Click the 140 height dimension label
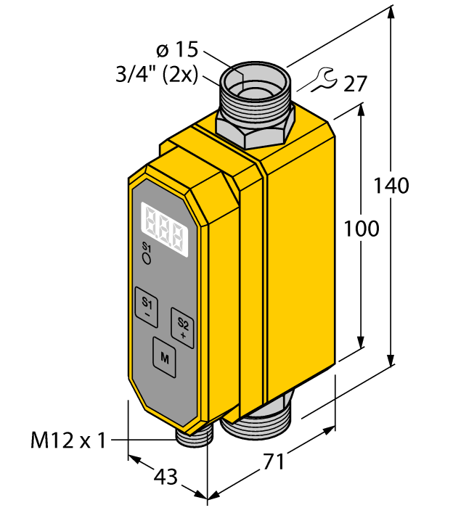click(x=391, y=186)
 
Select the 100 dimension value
click(x=362, y=229)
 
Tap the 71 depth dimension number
click(x=274, y=461)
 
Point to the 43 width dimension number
click(x=166, y=477)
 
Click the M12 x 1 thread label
click(x=68, y=440)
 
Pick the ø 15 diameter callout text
click(x=177, y=49)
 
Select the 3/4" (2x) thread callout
click(x=157, y=75)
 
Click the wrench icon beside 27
click(x=324, y=79)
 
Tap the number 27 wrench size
click(x=355, y=83)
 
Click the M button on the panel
click(x=165, y=358)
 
